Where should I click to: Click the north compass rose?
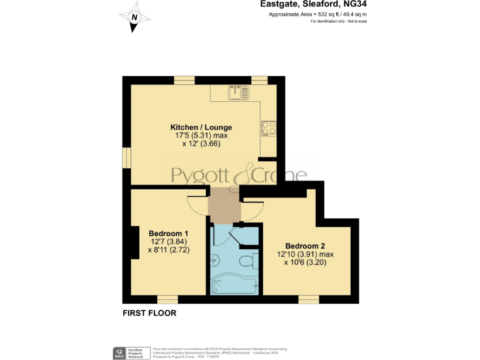pos(134,19)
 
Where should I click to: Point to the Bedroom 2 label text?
pos(306,246)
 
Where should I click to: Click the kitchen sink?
pos(234,93)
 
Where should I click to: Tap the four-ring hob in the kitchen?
pos(269,128)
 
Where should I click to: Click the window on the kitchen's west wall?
pos(126,159)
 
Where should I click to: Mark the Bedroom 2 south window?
pos(308,299)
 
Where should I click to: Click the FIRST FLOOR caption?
pos(149,313)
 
